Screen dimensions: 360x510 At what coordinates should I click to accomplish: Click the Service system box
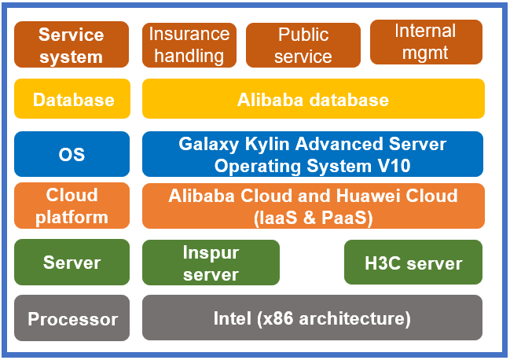click(x=72, y=45)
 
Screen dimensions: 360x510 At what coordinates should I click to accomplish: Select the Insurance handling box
click(x=189, y=45)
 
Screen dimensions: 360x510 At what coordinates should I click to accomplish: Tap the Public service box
click(x=303, y=45)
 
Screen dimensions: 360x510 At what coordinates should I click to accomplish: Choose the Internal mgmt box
click(x=425, y=42)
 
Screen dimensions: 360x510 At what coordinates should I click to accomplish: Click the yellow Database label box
click(x=72, y=100)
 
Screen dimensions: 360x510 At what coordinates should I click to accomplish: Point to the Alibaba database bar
click(x=313, y=100)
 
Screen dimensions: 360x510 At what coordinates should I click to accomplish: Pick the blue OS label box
click(x=72, y=155)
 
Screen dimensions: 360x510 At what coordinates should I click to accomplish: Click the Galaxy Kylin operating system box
click(x=313, y=155)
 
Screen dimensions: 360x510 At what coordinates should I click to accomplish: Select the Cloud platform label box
click(x=72, y=206)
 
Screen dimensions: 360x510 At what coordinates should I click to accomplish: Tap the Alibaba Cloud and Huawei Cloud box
click(x=313, y=206)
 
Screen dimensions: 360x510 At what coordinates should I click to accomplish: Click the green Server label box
click(x=72, y=263)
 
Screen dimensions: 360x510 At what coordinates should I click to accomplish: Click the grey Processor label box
click(x=72, y=319)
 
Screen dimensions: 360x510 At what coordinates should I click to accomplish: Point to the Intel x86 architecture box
click(x=313, y=318)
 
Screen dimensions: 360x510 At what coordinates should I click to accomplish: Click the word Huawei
click(x=372, y=196)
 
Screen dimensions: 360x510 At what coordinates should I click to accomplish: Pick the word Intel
click(x=233, y=318)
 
